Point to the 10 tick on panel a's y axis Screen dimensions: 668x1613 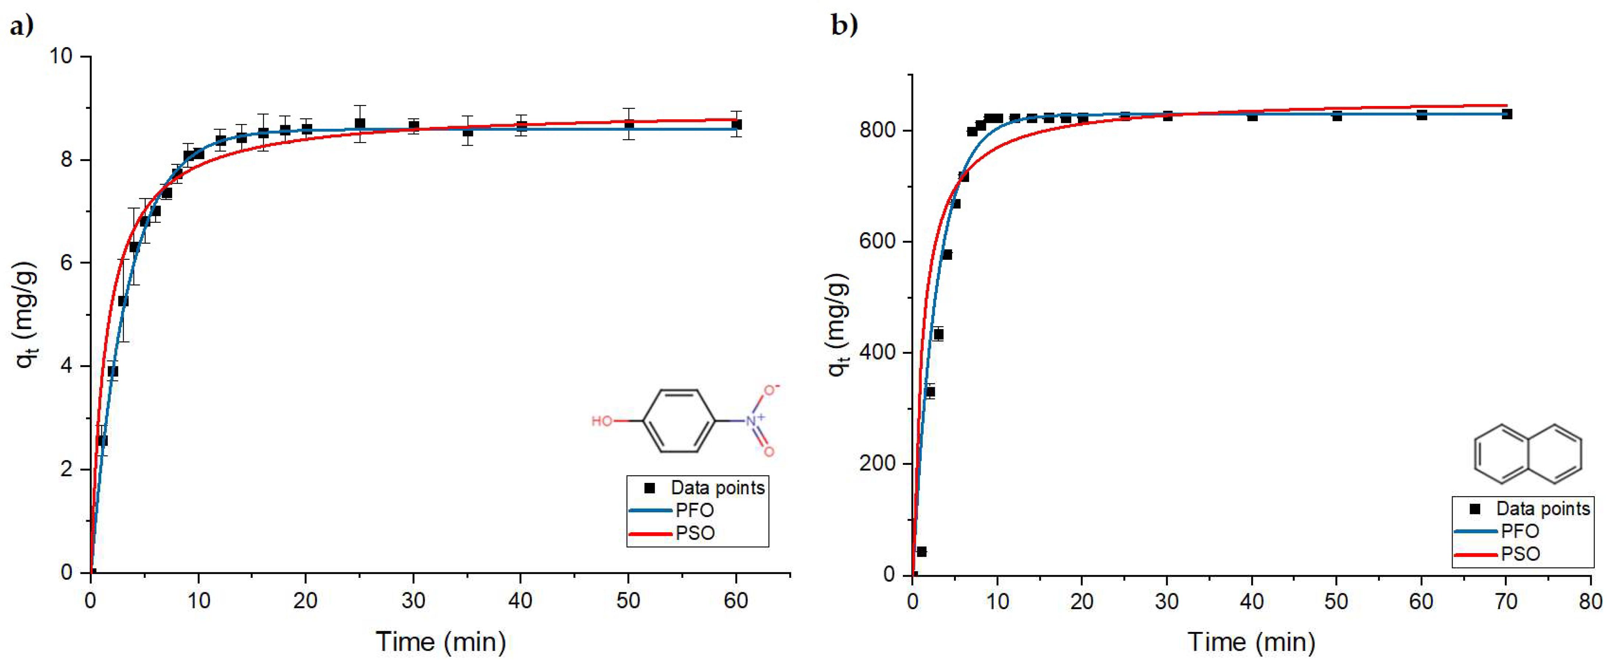(61, 56)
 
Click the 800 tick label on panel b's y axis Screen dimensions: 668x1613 (877, 130)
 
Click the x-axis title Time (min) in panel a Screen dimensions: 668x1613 (441, 642)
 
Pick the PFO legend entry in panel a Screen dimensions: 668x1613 (694, 510)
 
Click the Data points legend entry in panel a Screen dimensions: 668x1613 (717, 488)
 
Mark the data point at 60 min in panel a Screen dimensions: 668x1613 (736, 125)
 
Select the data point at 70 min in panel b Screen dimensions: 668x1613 (1507, 114)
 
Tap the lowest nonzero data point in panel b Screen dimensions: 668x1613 (921, 551)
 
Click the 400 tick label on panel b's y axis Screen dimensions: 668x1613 (877, 352)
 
